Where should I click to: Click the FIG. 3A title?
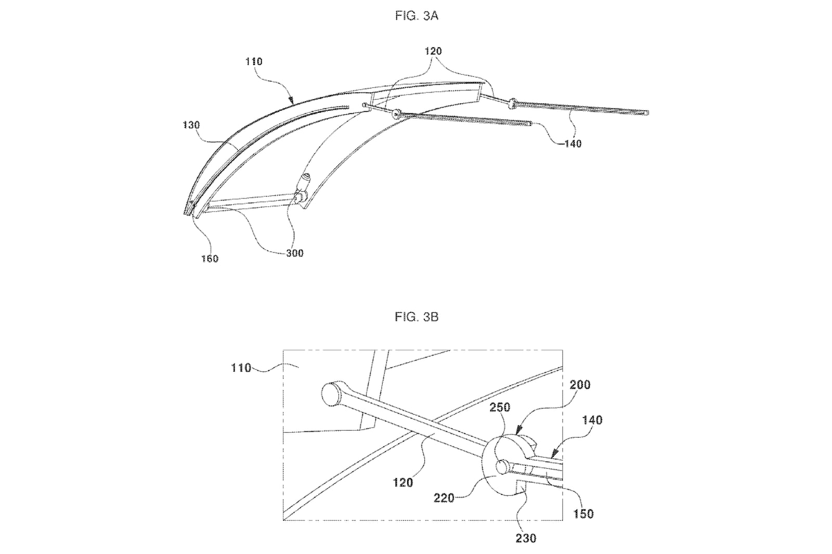click(x=417, y=16)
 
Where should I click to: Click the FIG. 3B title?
click(x=417, y=316)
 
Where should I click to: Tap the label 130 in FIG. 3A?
click(x=191, y=125)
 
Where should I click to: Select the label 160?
click(x=210, y=259)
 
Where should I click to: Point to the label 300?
click(x=295, y=253)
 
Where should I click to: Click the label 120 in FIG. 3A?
click(x=433, y=51)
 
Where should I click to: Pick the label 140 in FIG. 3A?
click(x=573, y=144)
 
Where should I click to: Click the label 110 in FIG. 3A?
click(x=254, y=61)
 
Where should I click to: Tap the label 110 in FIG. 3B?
click(x=241, y=368)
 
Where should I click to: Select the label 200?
click(x=580, y=385)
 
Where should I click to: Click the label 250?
click(x=500, y=407)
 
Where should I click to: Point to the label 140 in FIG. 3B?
click(x=592, y=420)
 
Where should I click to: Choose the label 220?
click(x=444, y=498)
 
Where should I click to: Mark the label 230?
click(x=526, y=538)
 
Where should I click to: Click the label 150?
click(x=583, y=514)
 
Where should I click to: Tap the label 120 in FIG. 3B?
click(x=403, y=482)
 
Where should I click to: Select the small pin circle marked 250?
click(x=502, y=466)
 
